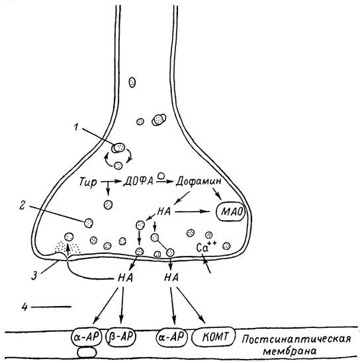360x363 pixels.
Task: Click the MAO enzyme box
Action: tap(230, 212)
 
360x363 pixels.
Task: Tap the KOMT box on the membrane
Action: tap(214, 337)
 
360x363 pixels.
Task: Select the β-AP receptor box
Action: tap(121, 337)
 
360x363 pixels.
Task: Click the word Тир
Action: tap(88, 182)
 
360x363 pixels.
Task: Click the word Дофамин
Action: tap(199, 181)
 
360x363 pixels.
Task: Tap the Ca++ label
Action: tap(206, 247)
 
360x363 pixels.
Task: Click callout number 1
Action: tap(76, 127)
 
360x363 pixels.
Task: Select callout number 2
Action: tap(22, 206)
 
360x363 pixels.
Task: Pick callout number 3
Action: tap(34, 276)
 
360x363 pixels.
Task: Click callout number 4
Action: tap(24, 307)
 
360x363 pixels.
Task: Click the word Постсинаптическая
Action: tap(296, 340)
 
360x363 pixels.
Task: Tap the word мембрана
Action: tap(290, 351)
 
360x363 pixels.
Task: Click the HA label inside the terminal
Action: tap(163, 212)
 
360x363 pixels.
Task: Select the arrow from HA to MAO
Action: tap(193, 212)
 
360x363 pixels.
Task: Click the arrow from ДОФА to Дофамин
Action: tap(165, 182)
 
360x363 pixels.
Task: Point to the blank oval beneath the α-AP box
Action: tap(87, 352)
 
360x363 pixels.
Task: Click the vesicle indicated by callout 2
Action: tap(89, 223)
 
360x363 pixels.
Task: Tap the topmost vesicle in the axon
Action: tap(132, 82)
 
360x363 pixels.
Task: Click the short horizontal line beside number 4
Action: tap(51, 307)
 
